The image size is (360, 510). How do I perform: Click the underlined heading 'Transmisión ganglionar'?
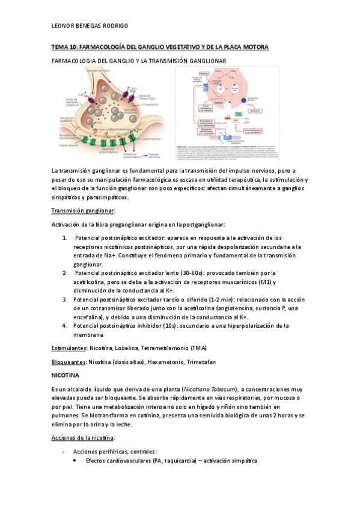83,210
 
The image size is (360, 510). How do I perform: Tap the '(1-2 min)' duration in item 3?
205,300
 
